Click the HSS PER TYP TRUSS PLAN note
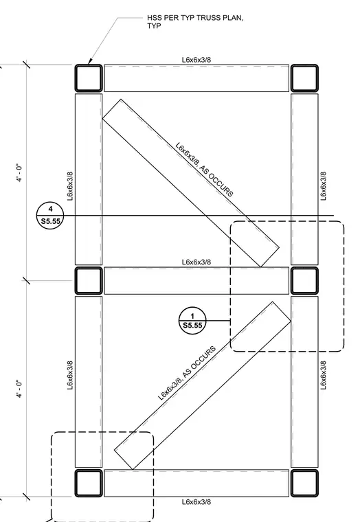(x=195, y=22)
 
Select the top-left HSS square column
(x=88, y=78)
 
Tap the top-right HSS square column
(x=304, y=78)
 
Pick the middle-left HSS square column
(x=88, y=281)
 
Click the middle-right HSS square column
(x=304, y=281)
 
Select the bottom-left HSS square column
(x=88, y=483)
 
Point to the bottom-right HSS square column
(x=304, y=483)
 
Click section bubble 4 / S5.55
(x=50, y=216)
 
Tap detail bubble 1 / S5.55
(x=192, y=321)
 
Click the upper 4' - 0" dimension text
(x=20, y=173)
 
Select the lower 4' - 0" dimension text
(x=20, y=389)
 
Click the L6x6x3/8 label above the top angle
(x=196, y=60)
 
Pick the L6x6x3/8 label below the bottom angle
(x=196, y=501)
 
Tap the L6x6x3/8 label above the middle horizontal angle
(x=196, y=262)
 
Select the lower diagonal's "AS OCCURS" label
(x=200, y=362)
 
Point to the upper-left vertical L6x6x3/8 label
(x=70, y=186)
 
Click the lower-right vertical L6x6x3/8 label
(x=324, y=375)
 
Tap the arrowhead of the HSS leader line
(x=90, y=61)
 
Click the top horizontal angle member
(x=196, y=78)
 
